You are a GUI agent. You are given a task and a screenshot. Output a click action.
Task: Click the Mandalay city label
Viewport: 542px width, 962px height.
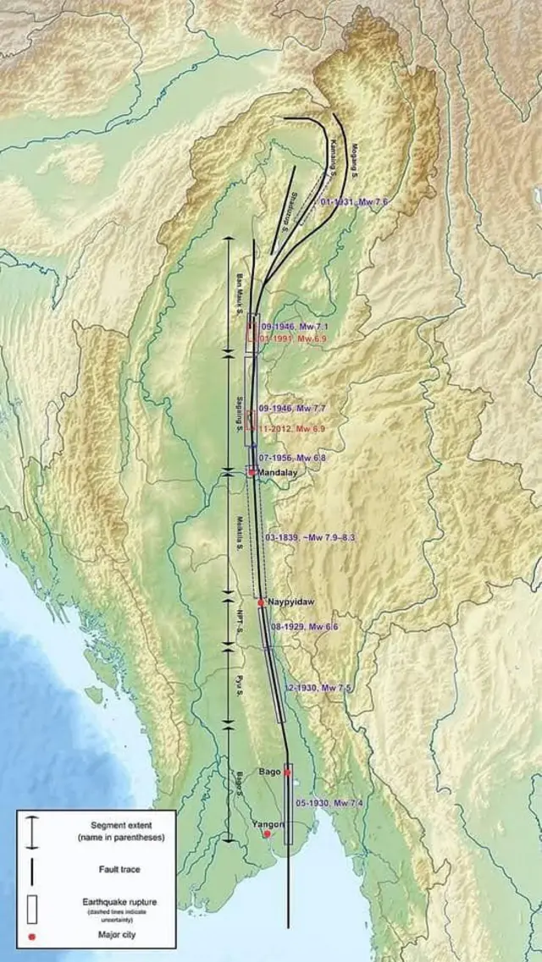point(279,473)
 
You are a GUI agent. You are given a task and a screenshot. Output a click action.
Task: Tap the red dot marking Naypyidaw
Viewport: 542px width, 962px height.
point(261,602)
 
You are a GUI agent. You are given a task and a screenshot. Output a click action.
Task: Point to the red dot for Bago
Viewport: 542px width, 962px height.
point(287,772)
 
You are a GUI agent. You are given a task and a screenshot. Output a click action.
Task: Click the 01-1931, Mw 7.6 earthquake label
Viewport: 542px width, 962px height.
point(355,202)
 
